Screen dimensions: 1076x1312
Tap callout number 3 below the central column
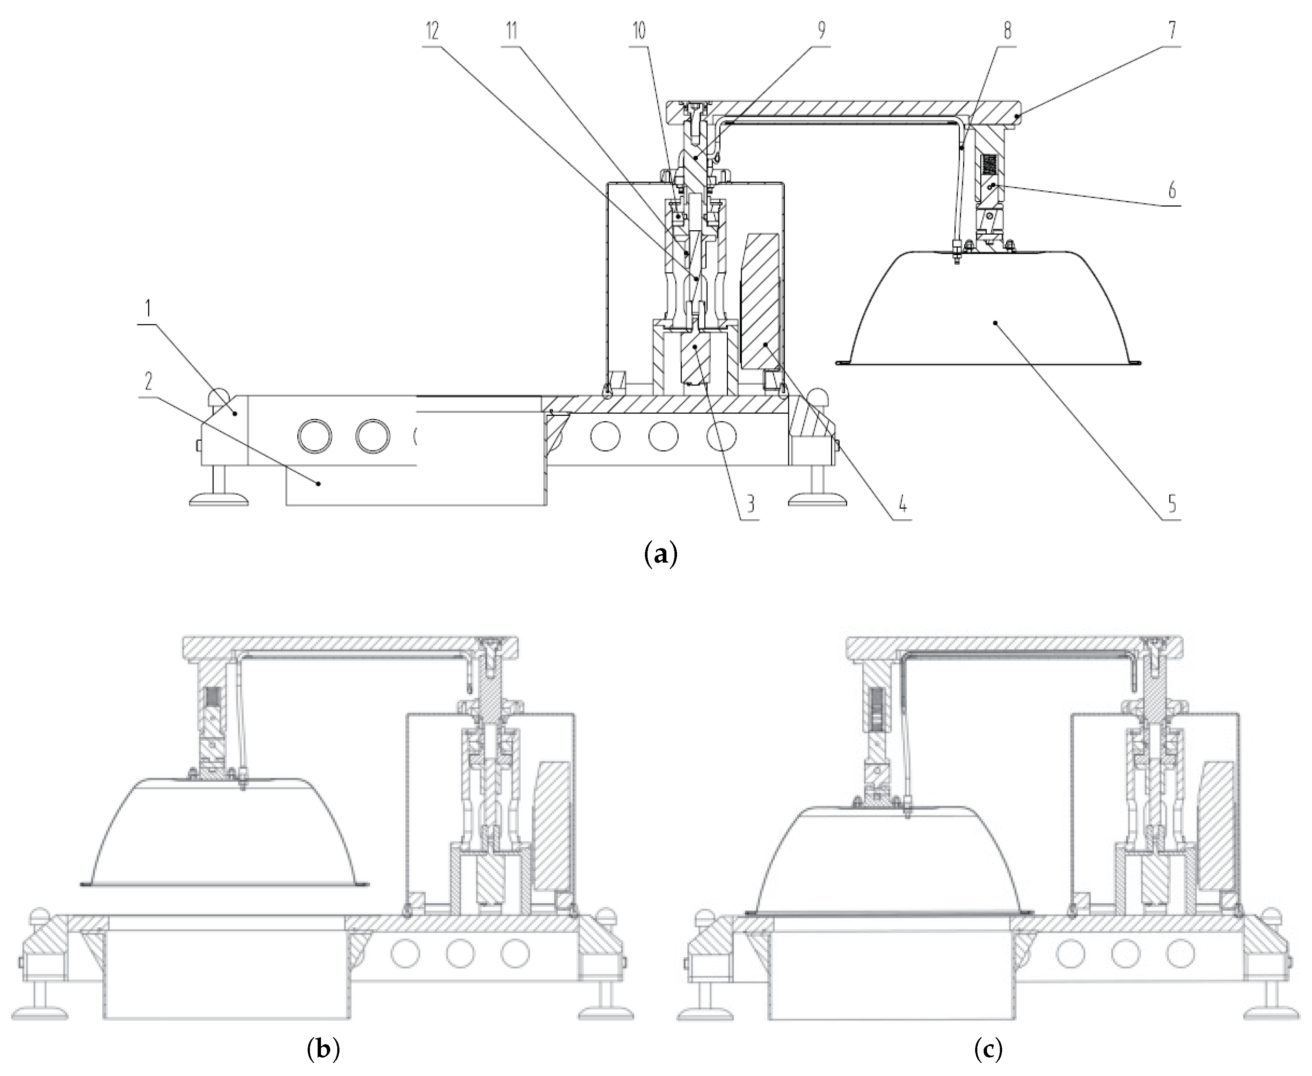750,504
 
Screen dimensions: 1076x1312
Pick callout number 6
1171,191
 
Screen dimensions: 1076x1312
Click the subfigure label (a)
661,551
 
